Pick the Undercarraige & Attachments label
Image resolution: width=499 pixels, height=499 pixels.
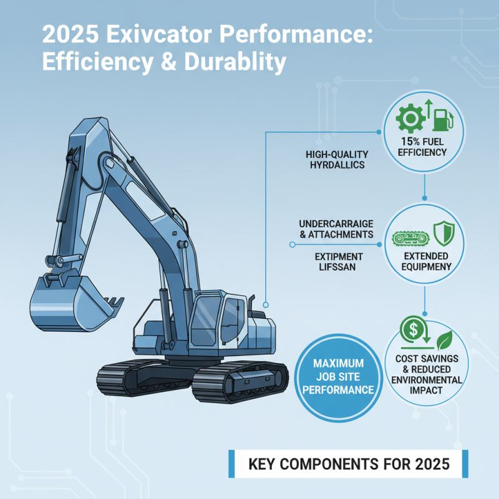(336, 229)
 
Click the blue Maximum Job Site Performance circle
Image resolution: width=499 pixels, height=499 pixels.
(339, 376)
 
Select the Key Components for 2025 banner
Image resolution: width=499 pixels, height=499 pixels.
(349, 465)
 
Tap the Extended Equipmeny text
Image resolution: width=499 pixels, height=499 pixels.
(424, 262)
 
